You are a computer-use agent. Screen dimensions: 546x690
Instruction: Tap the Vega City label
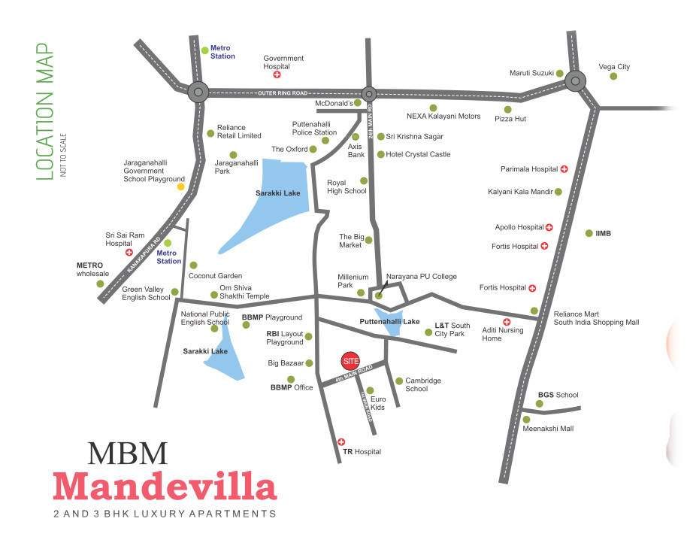tap(614, 67)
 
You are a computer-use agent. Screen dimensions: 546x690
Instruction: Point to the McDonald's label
tap(334, 103)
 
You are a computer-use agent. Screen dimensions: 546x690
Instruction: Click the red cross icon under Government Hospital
tap(277, 75)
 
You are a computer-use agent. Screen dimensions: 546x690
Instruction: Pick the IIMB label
tap(603, 233)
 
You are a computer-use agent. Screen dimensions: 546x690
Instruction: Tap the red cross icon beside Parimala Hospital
tap(564, 169)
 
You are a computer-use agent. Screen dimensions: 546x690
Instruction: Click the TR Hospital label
tap(362, 452)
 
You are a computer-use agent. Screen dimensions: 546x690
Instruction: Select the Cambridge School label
tap(422, 384)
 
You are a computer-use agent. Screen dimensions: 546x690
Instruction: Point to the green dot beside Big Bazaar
tap(308, 363)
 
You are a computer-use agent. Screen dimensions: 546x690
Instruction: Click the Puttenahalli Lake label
tap(389, 321)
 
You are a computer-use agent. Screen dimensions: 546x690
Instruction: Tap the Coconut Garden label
tap(215, 276)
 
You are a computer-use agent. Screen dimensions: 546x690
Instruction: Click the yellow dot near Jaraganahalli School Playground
tap(180, 187)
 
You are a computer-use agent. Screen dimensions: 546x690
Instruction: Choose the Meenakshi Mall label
tap(548, 429)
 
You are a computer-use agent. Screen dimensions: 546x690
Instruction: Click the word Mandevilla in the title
tap(165, 487)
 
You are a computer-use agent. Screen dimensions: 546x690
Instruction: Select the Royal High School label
tap(347, 187)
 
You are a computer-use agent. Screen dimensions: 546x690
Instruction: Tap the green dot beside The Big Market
tap(369, 241)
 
